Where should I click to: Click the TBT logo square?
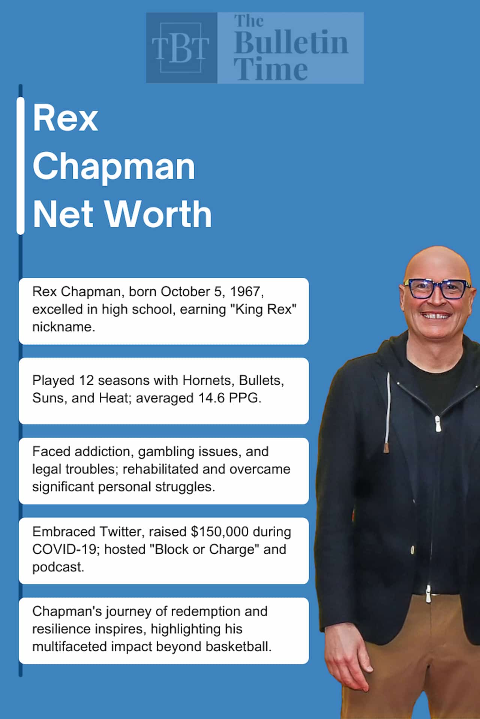click(x=181, y=48)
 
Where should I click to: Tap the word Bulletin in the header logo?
click(x=291, y=43)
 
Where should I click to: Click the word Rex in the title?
click(x=66, y=118)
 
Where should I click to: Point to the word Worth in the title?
click(x=158, y=214)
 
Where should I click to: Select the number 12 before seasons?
click(x=87, y=380)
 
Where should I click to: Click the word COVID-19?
click(x=65, y=549)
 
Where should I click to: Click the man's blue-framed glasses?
click(x=437, y=289)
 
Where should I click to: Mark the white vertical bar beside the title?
click(x=21, y=166)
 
